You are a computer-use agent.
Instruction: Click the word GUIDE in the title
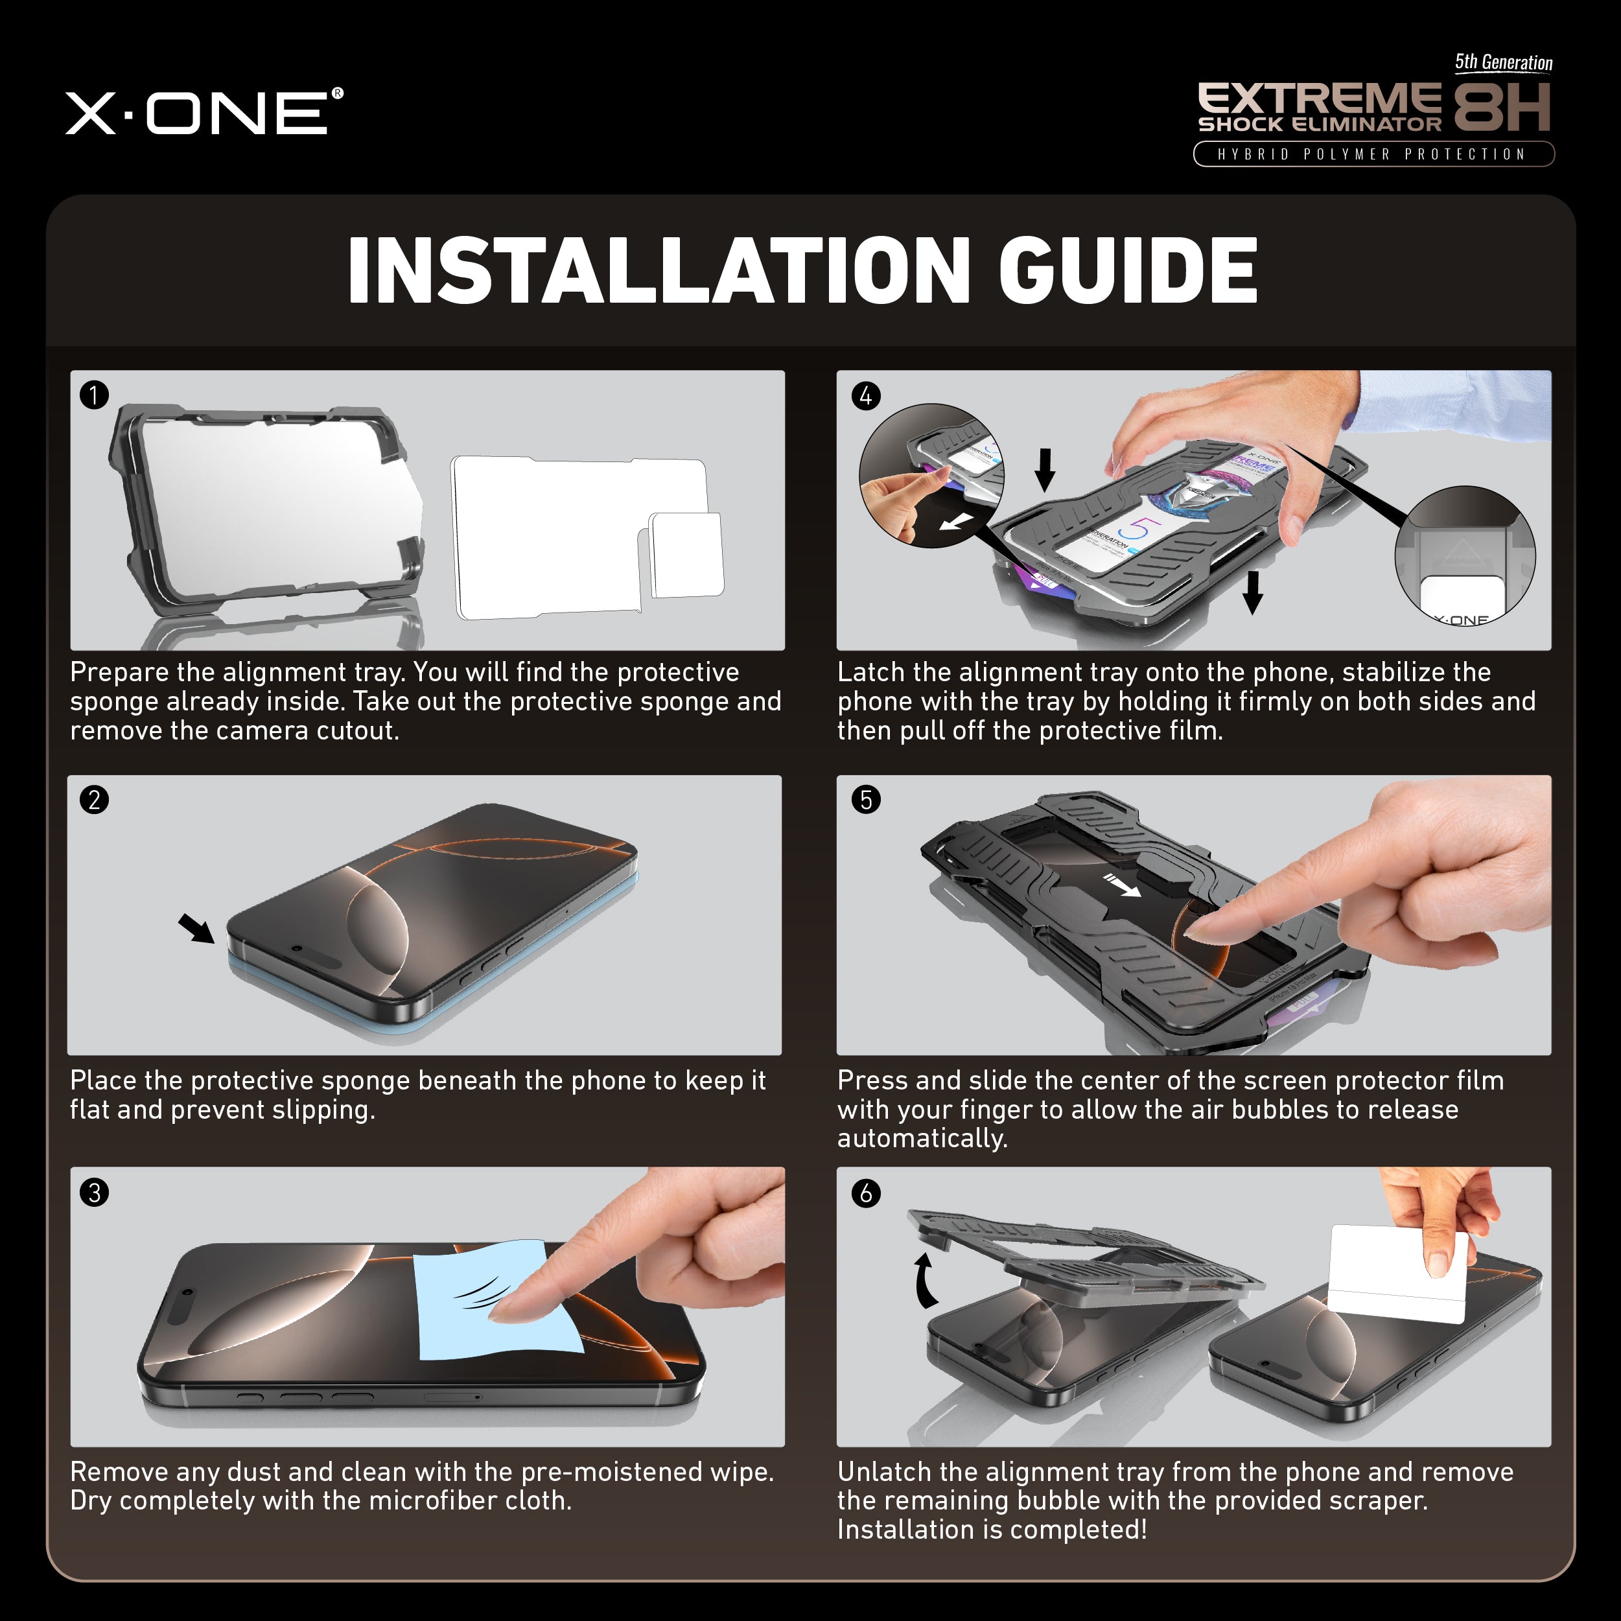click(x=1128, y=270)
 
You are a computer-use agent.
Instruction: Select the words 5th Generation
click(x=1502, y=63)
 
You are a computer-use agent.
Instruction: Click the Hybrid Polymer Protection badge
click(x=1373, y=154)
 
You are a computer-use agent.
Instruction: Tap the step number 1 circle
click(x=94, y=394)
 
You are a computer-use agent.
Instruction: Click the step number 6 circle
click(x=866, y=1193)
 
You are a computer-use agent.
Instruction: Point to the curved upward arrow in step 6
click(x=926, y=1281)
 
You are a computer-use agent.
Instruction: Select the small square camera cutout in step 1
click(x=686, y=555)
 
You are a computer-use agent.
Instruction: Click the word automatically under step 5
click(x=922, y=1139)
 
